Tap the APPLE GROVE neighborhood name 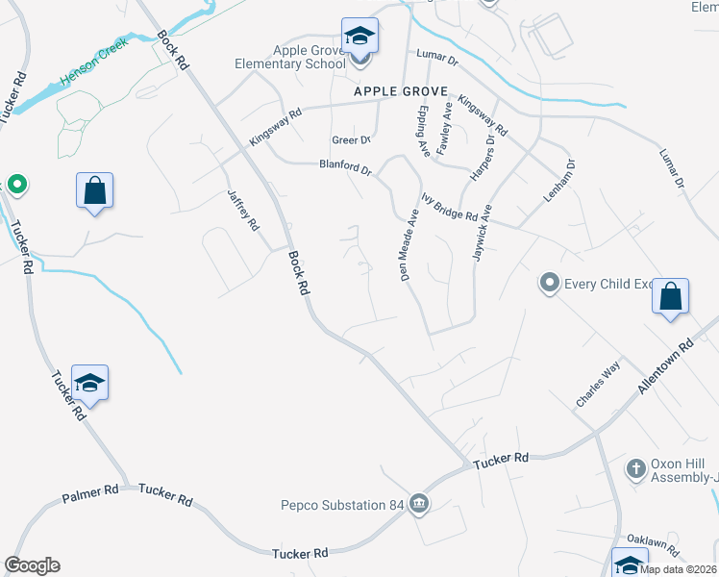(401, 91)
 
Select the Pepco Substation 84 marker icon (419, 503)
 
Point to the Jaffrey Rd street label (243, 210)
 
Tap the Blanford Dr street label (345, 168)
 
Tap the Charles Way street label (598, 385)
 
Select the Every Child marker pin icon (549, 283)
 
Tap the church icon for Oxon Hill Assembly (634, 468)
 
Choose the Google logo (32, 565)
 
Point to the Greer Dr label (351, 140)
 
